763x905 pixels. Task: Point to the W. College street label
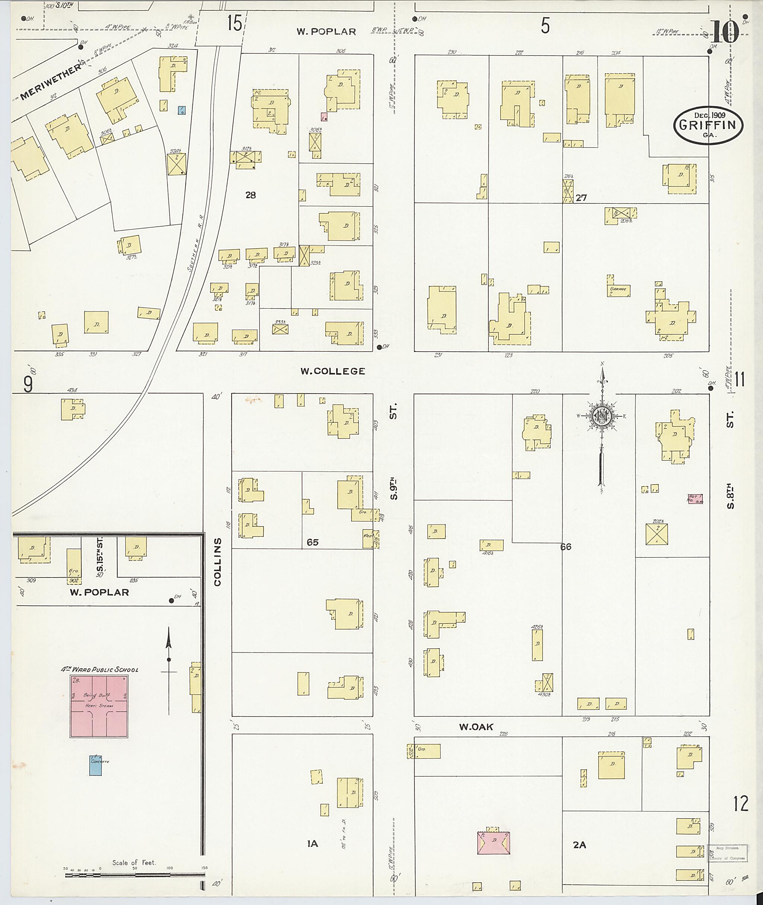tap(333, 371)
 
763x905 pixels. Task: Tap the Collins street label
tap(218, 561)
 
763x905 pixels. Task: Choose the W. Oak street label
tap(476, 727)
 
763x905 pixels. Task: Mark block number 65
tap(312, 542)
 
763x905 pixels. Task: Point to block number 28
tap(250, 195)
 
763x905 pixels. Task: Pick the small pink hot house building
tap(695, 499)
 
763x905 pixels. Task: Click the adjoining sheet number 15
tap(234, 24)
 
